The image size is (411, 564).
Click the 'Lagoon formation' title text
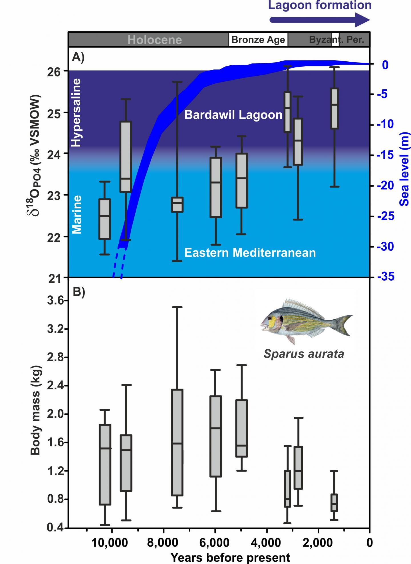click(320, 6)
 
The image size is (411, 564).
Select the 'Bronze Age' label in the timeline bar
click(258, 40)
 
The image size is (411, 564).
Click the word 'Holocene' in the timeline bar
click(154, 40)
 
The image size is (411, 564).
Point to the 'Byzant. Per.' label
click(337, 40)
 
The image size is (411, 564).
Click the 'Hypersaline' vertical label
click(76, 113)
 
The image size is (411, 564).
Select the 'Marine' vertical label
click(76, 215)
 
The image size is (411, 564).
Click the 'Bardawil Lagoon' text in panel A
click(233, 115)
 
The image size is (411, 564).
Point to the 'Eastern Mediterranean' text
click(250, 253)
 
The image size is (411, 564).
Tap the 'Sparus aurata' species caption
click(304, 354)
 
